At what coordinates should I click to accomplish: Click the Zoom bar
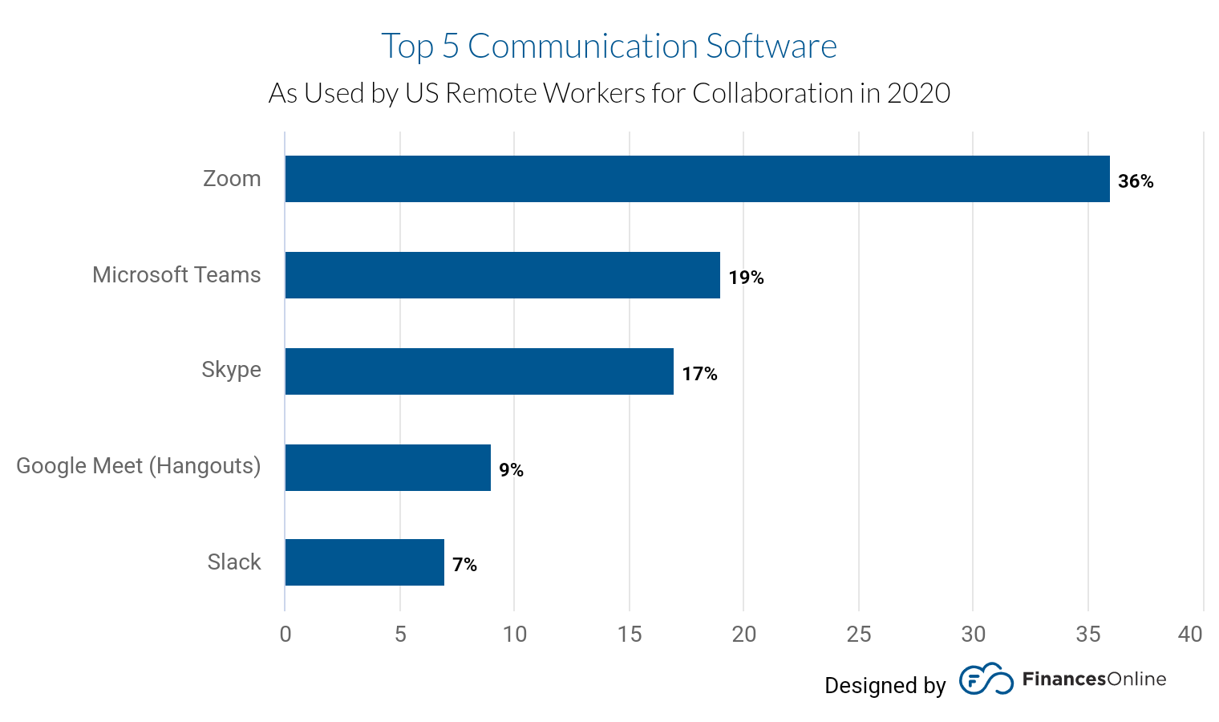[697, 179]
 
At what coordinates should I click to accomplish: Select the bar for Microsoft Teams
[502, 275]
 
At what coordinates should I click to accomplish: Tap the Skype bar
[479, 371]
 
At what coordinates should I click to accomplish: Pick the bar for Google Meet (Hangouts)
[387, 468]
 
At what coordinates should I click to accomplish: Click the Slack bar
[364, 562]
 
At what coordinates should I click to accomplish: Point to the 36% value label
[1136, 181]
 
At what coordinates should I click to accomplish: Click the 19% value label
[746, 278]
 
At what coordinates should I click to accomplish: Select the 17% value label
[699, 374]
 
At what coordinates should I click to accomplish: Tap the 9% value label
[511, 470]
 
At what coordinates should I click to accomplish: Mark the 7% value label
[464, 565]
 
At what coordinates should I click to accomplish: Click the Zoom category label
[232, 178]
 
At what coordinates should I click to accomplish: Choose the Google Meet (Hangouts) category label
[139, 465]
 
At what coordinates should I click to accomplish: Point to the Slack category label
[234, 562]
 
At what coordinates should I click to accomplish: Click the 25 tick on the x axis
[858, 635]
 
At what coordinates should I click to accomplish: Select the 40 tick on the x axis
[1190, 635]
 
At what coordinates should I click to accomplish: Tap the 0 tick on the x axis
[286, 635]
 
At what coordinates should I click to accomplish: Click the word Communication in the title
[582, 47]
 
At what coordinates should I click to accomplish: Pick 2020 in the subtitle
[918, 93]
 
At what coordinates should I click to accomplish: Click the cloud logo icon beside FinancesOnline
[986, 679]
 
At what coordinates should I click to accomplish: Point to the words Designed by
[885, 685]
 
